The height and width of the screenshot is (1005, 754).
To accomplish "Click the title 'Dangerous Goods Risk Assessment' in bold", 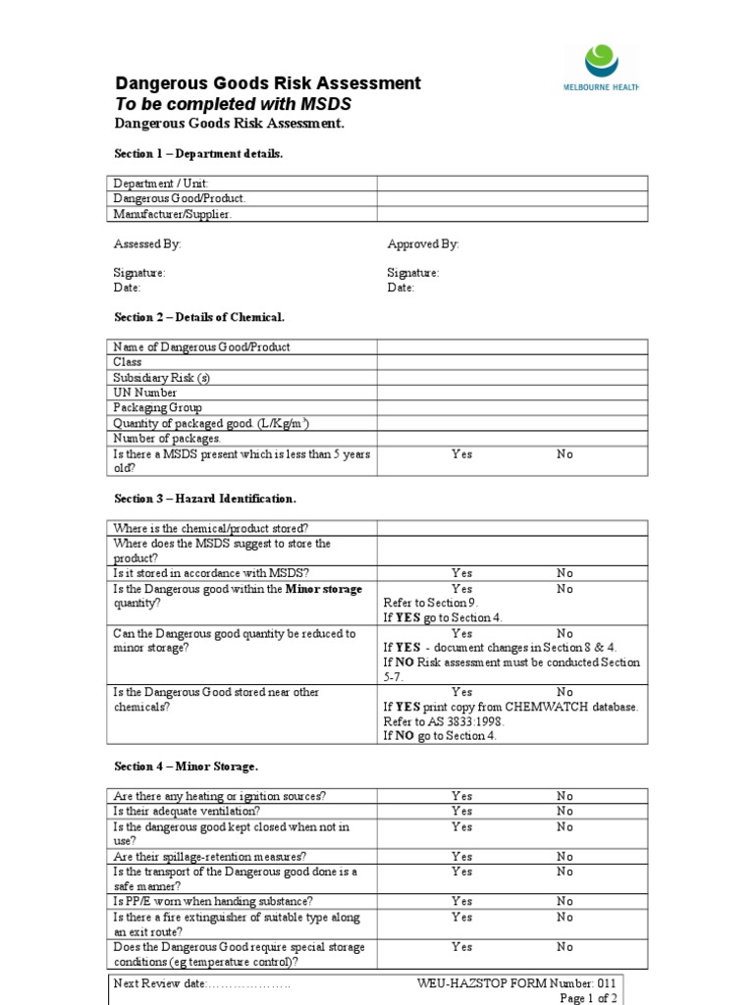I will [x=268, y=83].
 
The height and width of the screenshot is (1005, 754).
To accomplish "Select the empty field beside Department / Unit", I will [x=512, y=184].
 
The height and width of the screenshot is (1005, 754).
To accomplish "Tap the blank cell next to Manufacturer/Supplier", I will [x=512, y=214].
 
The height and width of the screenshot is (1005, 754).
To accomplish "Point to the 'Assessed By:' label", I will [x=147, y=243].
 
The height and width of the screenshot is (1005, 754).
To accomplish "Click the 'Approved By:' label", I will [x=423, y=243].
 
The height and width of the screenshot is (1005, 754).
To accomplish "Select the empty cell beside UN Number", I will [x=512, y=393].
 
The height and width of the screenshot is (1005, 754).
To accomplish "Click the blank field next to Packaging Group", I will [x=512, y=407].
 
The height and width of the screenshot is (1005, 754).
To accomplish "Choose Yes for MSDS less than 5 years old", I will [x=461, y=454].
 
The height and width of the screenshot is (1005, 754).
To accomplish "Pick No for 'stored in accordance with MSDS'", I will [x=565, y=573].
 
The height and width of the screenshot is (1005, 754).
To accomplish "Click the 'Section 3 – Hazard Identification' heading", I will [x=205, y=499].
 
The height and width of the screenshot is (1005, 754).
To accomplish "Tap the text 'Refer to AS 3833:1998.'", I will [x=442, y=721].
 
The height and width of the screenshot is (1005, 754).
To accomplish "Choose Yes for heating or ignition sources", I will [x=461, y=796].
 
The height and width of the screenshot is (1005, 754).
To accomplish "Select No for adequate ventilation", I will [x=565, y=812].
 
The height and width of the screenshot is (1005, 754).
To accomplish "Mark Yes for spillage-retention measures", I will [x=461, y=857].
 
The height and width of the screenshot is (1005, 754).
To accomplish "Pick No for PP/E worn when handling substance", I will [x=565, y=901].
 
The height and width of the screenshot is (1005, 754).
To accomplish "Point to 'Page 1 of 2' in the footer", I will [x=588, y=998].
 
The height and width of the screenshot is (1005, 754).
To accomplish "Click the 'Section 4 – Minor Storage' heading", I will [x=187, y=766].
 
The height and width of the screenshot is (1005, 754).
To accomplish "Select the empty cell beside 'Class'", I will [x=512, y=362].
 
